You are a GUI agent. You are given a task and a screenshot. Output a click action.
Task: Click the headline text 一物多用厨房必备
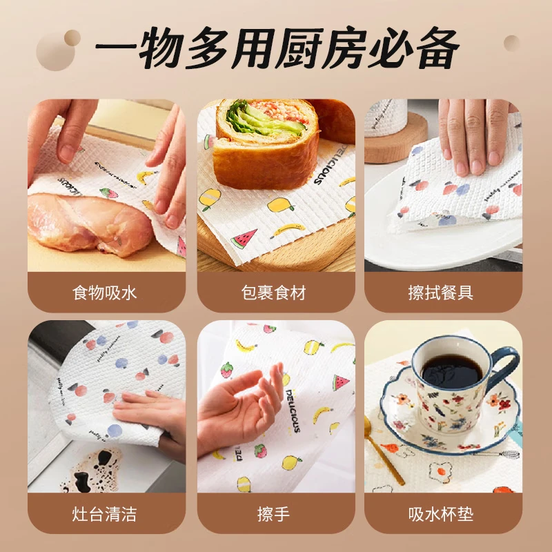pyautogui.click(x=276, y=49)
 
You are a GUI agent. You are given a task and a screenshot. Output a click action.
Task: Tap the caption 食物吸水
pyautogui.click(x=105, y=293)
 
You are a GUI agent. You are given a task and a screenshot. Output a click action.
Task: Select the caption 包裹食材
pyautogui.click(x=276, y=293)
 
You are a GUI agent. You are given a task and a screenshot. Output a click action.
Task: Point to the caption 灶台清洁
pyautogui.click(x=105, y=513)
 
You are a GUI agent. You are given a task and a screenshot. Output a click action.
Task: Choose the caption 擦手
pyautogui.click(x=276, y=513)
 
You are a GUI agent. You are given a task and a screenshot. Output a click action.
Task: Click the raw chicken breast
pyautogui.click(x=90, y=221)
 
